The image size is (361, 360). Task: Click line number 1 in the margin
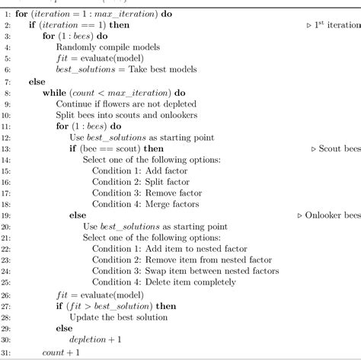[6, 14]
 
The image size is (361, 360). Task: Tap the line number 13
[5, 148]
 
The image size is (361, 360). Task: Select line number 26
[5, 294]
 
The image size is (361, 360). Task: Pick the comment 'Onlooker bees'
[329, 215]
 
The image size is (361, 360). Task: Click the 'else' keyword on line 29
[64, 327]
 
